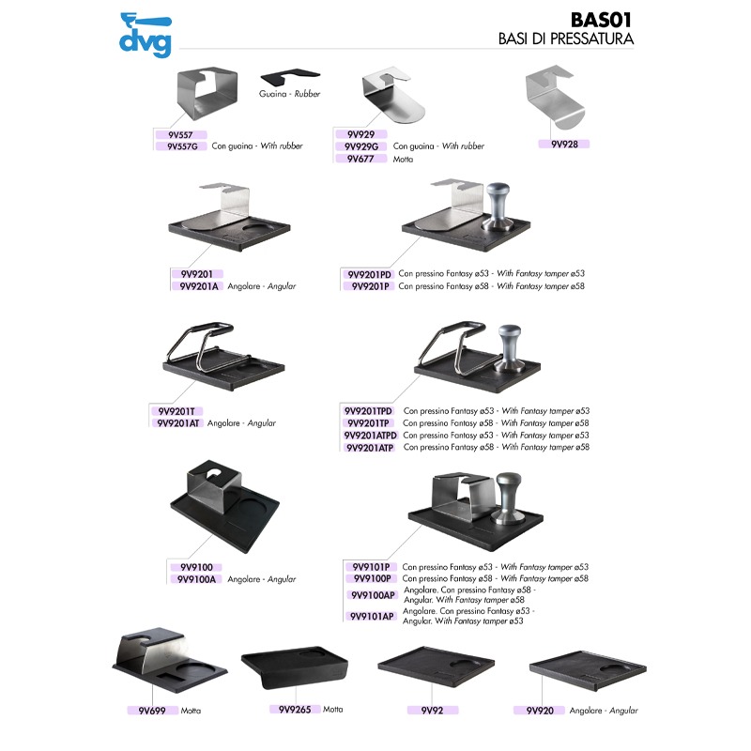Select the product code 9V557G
tap(182, 146)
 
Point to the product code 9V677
tap(361, 159)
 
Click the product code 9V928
tap(563, 144)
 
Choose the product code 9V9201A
tap(198, 286)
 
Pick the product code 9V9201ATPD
tap(372, 436)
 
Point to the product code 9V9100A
tap(197, 579)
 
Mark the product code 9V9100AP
tap(373, 595)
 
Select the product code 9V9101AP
tap(373, 617)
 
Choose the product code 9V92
tap(432, 711)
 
